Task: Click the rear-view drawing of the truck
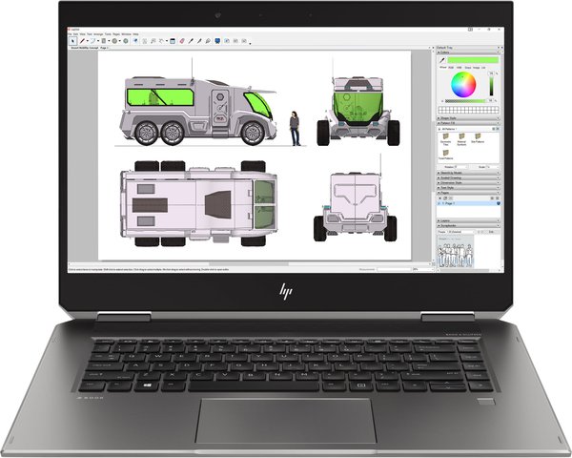coord(355,204)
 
